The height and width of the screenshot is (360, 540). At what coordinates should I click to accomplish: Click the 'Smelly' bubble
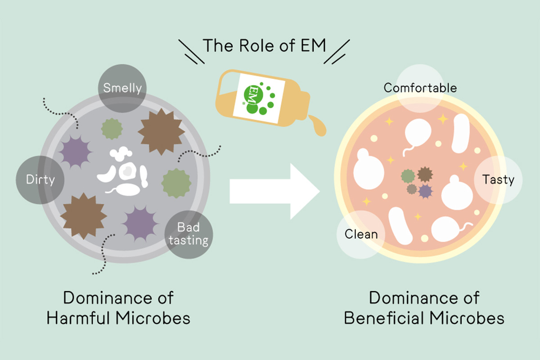[x=122, y=87]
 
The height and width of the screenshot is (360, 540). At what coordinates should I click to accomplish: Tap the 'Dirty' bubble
[x=40, y=180]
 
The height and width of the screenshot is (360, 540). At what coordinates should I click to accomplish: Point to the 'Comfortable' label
[x=420, y=87]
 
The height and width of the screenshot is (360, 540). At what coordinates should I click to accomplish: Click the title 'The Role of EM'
[x=264, y=45]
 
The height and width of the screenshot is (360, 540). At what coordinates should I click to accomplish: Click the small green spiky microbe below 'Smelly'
[x=112, y=129]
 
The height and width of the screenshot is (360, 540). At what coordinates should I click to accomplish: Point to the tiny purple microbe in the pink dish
[x=425, y=191]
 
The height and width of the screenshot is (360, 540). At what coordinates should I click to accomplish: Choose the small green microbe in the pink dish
[x=408, y=176]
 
